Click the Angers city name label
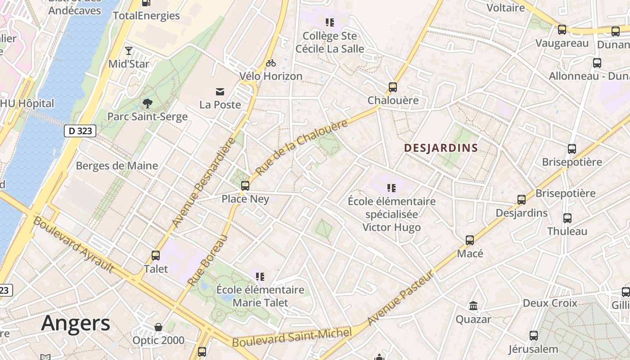click(x=76, y=324)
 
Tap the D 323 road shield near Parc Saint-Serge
click(x=80, y=131)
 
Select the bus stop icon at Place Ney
click(x=245, y=185)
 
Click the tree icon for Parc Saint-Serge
click(x=147, y=104)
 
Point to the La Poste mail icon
click(x=220, y=92)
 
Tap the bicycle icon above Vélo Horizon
click(x=270, y=63)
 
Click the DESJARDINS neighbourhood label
click(x=441, y=148)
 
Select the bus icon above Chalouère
click(x=393, y=87)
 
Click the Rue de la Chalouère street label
click(x=301, y=148)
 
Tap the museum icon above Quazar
click(x=473, y=306)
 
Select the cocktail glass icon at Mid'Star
click(x=129, y=50)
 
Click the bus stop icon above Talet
click(x=156, y=256)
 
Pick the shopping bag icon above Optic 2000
click(x=158, y=327)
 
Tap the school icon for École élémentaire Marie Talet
click(x=260, y=276)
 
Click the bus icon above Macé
click(x=470, y=240)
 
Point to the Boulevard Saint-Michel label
click(x=292, y=338)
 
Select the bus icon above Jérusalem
click(x=533, y=335)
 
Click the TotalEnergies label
click(x=146, y=16)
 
